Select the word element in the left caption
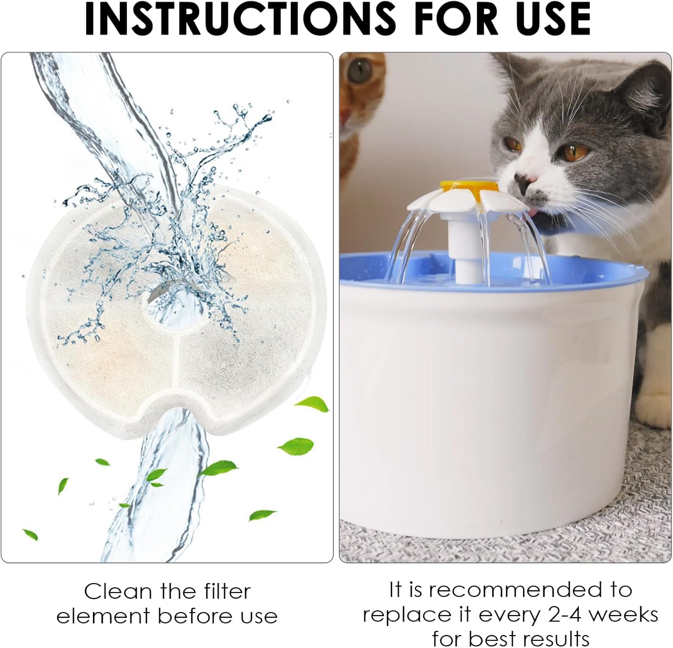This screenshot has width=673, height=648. coord(104,616)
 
